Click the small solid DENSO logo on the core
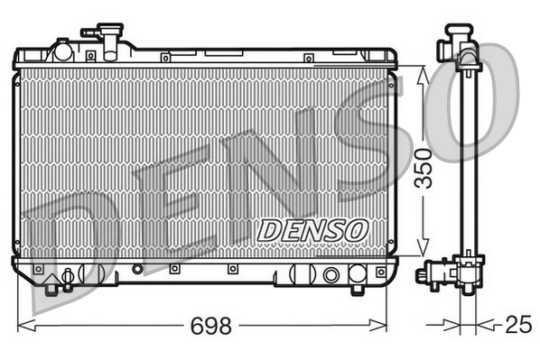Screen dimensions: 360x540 pos(312,230)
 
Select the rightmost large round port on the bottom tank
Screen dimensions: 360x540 pos(331,274)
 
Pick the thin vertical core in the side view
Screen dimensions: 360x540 pos(467,162)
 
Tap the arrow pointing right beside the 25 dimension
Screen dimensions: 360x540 pos(451,323)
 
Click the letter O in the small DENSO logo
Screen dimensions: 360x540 pos(354,230)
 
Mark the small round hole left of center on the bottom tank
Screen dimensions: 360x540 pos(137,268)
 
